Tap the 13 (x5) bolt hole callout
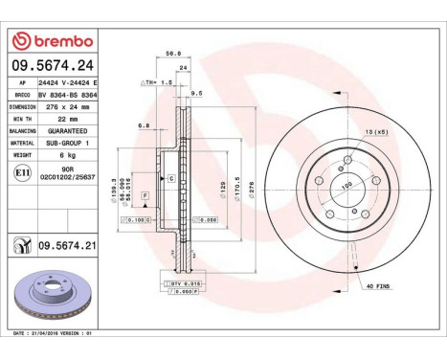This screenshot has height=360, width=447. click(x=372, y=130)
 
